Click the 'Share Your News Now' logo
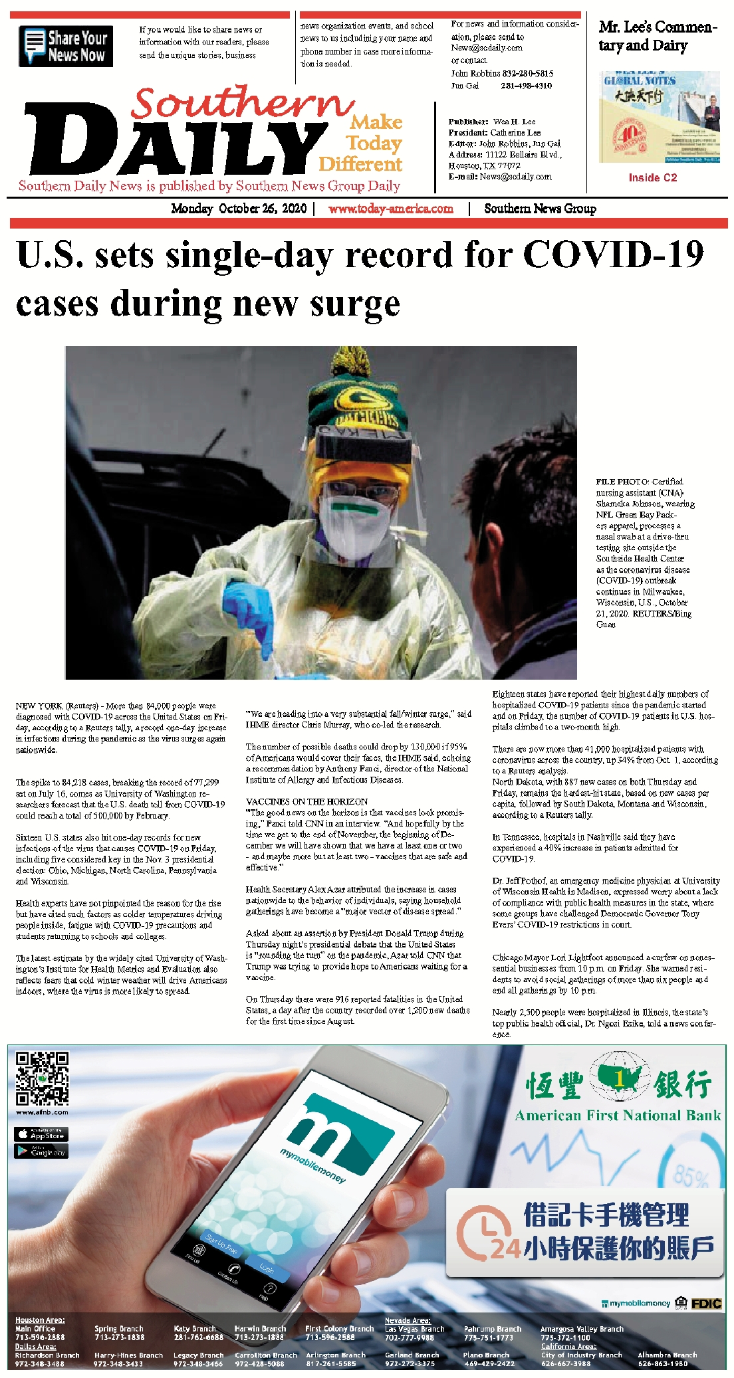tap(66, 46)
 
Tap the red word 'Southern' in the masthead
tap(242, 103)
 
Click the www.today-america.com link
tap(391, 209)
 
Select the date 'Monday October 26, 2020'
tap(239, 209)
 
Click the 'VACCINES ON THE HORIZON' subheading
tap(306, 801)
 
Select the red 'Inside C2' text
tap(652, 178)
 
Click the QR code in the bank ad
tap(42, 1078)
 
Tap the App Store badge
tap(41, 1134)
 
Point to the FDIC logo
tap(706, 1304)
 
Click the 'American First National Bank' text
tap(618, 1116)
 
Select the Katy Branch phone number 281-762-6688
tap(198, 1337)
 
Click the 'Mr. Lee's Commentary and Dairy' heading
tap(658, 36)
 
